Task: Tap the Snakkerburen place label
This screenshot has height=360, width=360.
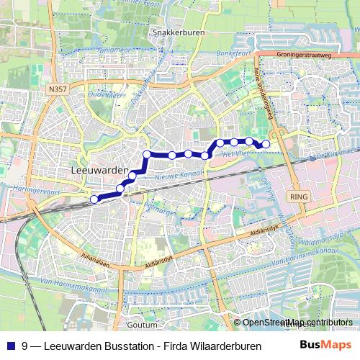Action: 176,32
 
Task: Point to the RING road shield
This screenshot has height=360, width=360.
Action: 297,196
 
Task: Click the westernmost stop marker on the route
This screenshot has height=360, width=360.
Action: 94,199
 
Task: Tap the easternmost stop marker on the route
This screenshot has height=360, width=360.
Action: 266,145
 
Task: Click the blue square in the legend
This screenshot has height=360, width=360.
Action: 9,345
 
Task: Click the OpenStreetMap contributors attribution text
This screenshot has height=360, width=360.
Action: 297,323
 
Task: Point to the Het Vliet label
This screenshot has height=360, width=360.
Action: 235,154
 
